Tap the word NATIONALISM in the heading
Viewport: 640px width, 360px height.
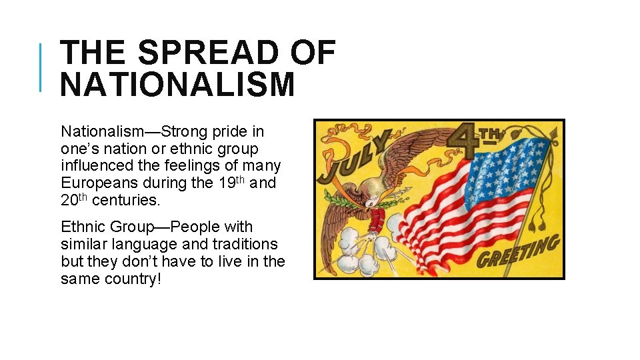coord(177,85)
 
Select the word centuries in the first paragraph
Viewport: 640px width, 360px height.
coord(126,200)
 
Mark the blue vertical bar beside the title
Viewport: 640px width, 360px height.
coord(41,67)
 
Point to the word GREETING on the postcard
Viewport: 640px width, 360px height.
coord(519,253)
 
